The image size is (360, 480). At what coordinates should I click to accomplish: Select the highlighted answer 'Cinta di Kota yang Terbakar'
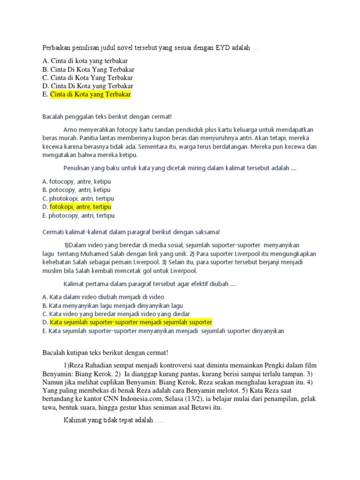coord(90,95)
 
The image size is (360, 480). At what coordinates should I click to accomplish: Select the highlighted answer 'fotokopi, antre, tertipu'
coord(81,207)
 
